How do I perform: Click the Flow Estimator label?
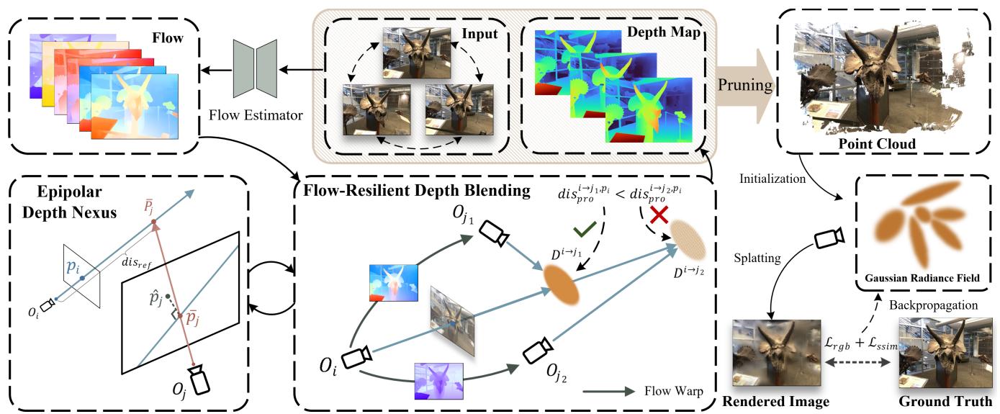tap(256, 114)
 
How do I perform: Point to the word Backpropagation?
tap(934, 305)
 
